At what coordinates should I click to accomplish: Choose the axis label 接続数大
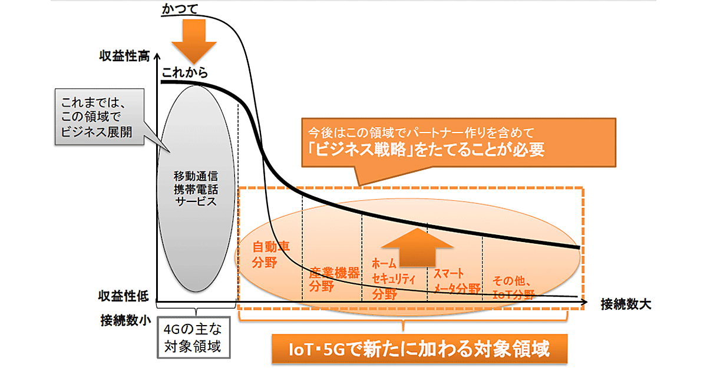pyautogui.click(x=626, y=304)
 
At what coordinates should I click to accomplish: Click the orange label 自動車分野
pyautogui.click(x=267, y=254)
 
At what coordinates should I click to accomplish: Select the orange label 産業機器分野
pyautogui.click(x=333, y=280)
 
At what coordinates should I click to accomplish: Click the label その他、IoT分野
pyautogui.click(x=514, y=288)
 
